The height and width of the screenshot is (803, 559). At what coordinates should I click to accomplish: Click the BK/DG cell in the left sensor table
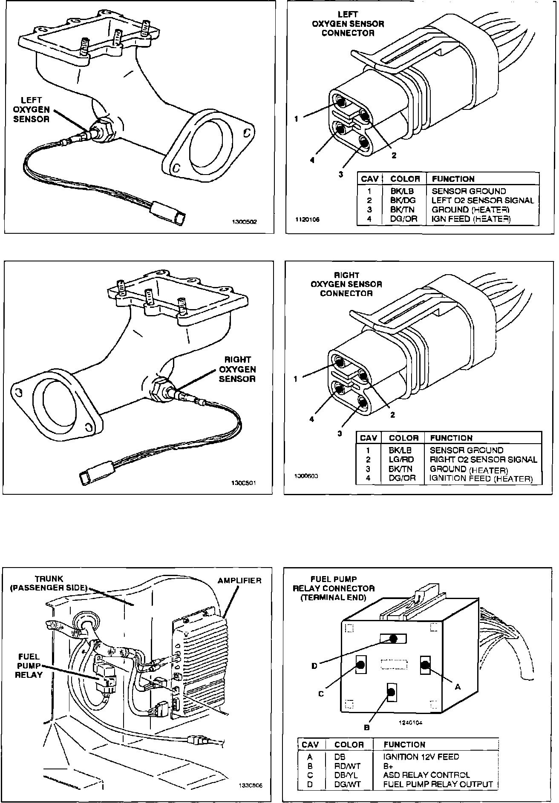[403, 200]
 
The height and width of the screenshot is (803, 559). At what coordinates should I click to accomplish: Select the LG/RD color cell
[401, 459]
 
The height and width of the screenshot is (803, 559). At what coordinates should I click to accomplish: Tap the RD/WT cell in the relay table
[347, 766]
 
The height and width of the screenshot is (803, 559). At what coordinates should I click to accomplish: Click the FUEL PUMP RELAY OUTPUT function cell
[438, 784]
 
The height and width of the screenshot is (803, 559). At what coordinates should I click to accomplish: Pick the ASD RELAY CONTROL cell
[426, 775]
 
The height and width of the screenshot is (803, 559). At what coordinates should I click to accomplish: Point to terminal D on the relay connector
[393, 638]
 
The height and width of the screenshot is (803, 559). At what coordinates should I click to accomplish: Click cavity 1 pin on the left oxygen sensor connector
[341, 101]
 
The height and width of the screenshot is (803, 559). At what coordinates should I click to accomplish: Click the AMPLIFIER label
[239, 581]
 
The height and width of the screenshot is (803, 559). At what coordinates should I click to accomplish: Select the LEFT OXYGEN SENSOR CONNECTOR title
[348, 24]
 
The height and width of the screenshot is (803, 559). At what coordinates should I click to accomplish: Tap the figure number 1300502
[245, 222]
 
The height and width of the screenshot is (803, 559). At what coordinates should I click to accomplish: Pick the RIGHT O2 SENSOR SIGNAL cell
[483, 459]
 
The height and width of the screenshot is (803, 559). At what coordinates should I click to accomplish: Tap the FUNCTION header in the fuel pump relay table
[404, 745]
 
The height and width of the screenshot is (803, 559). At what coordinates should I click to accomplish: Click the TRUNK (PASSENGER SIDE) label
[49, 583]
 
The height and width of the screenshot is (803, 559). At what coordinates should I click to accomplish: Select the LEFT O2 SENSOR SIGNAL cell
[482, 200]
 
